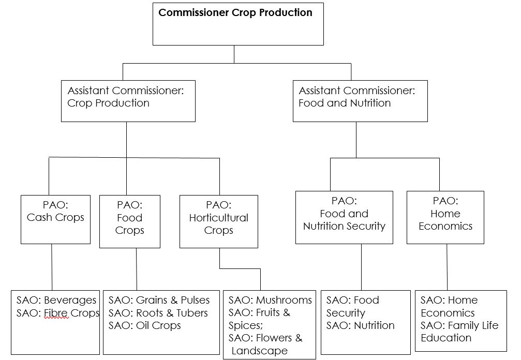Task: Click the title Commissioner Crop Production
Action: pyautogui.click(x=235, y=13)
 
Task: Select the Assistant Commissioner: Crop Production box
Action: pyautogui.click(x=128, y=101)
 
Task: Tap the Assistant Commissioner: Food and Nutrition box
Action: pyautogui.click(x=360, y=101)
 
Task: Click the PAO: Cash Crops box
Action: pyautogui.click(x=55, y=219)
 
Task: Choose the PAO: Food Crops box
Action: pyautogui.click(x=129, y=221)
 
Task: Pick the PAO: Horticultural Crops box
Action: pyautogui.click(x=218, y=221)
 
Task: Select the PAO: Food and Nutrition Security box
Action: pyautogui.click(x=344, y=217)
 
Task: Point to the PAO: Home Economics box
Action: pyautogui.click(x=445, y=217)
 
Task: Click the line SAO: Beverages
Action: pyautogui.click(x=56, y=300)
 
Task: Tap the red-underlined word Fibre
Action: pyautogui.click(x=56, y=313)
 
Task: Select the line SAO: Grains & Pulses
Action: pyautogui.click(x=159, y=300)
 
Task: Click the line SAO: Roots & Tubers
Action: pyautogui.click(x=158, y=313)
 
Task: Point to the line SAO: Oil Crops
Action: pyautogui.click(x=144, y=325)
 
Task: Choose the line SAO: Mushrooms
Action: pyautogui.click(x=270, y=300)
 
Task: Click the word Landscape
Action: pyautogui.click(x=260, y=351)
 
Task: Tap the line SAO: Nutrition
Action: pyautogui.click(x=360, y=325)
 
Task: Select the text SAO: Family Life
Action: pyautogui.click(x=459, y=325)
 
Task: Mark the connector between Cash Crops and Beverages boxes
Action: pyautogui.click(x=52, y=266)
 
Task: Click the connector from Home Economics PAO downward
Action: pyautogui.click(x=446, y=266)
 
